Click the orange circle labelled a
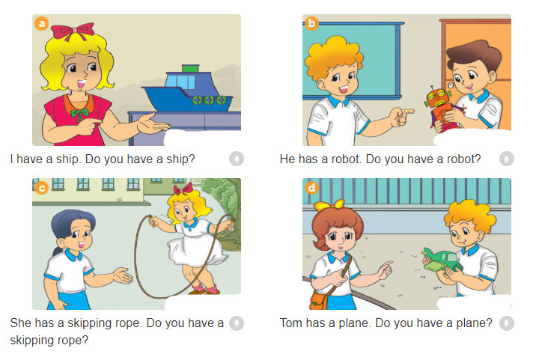click(42, 24)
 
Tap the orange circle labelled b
click(312, 24)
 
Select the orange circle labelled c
click(42, 188)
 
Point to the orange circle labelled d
click(312, 188)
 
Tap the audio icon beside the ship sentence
click(237, 159)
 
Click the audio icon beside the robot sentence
click(507, 159)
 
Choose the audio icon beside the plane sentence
click(507, 323)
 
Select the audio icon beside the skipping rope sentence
click(237, 323)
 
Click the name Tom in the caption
click(292, 323)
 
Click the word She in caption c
click(22, 323)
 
